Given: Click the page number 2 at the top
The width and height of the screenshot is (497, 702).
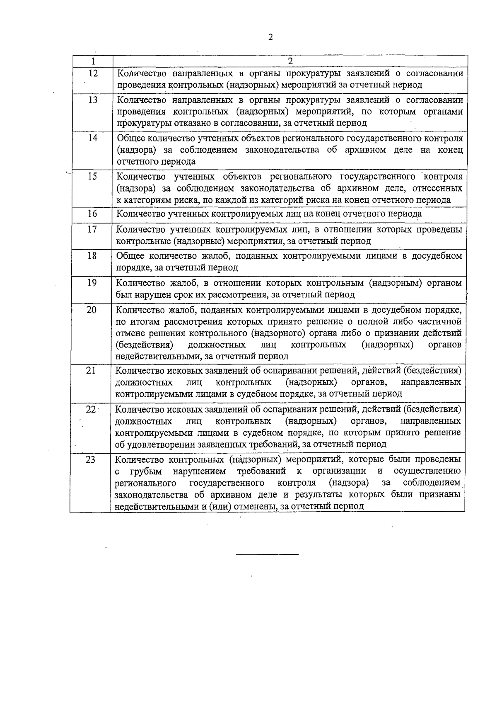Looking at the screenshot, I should pos(270,37).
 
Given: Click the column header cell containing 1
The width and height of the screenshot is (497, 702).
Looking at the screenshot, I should pos(93,61).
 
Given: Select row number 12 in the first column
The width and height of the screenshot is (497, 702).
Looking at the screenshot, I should pos(93,73).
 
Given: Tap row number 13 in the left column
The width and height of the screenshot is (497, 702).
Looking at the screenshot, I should pos(93,100).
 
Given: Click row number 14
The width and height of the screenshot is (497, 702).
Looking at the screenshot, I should pos(93,138).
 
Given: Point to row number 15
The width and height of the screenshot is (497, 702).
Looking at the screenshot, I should pos(93,177).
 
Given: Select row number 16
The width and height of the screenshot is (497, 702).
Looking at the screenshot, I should pos(92,214).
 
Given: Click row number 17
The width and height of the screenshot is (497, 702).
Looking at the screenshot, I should pos(92,229).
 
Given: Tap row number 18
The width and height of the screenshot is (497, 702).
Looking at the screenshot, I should pos(92,256).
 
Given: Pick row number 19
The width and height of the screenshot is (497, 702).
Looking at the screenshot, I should pos(92,283).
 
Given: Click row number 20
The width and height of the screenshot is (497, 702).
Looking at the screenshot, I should pos(92,310).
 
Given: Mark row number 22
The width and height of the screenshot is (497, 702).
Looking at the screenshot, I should pos(91,409).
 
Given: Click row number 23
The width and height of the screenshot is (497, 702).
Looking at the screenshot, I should pos(90,459).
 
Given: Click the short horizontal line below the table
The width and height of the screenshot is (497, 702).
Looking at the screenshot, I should pos(267,554).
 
